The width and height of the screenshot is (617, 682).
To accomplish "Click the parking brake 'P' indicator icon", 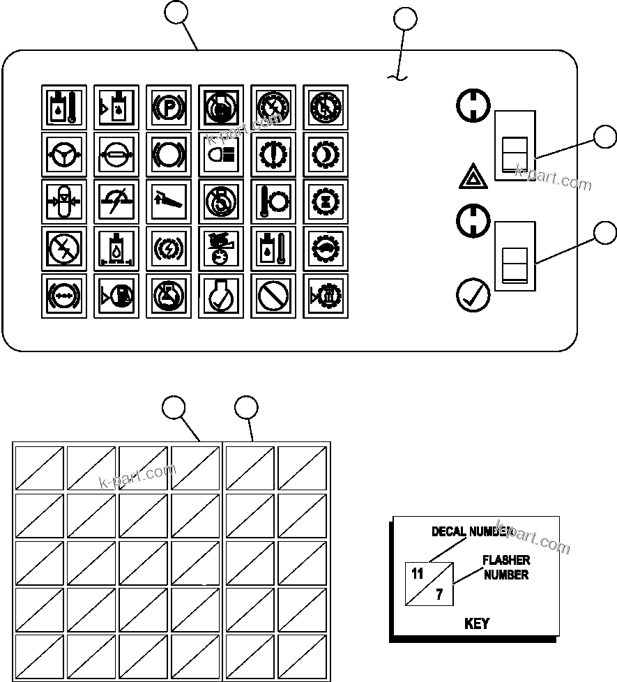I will point(168,107).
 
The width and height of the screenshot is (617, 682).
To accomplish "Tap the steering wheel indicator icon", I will point(64,153).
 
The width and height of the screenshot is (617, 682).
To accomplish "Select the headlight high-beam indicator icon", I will point(220,153).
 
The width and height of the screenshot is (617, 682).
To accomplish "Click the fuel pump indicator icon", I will point(116,296).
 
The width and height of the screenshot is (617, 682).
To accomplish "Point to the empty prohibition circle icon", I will point(273,296).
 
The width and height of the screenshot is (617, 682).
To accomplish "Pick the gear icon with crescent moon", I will point(325,153).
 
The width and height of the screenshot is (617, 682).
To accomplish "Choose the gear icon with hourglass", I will point(325,201).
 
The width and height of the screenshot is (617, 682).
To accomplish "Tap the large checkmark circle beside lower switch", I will point(472,295).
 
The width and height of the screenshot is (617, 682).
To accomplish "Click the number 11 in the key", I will point(418,575).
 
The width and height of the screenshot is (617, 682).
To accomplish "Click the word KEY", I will point(477,623).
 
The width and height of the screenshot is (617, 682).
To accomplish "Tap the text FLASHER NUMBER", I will point(506,568).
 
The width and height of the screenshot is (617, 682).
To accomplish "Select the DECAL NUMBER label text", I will point(471,531).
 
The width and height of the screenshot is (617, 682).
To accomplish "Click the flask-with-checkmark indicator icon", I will point(220,296).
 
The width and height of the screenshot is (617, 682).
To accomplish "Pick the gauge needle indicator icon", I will point(116,201).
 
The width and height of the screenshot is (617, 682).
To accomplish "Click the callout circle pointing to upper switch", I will point(605,137).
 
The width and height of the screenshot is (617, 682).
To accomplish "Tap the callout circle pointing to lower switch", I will point(605,232).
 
